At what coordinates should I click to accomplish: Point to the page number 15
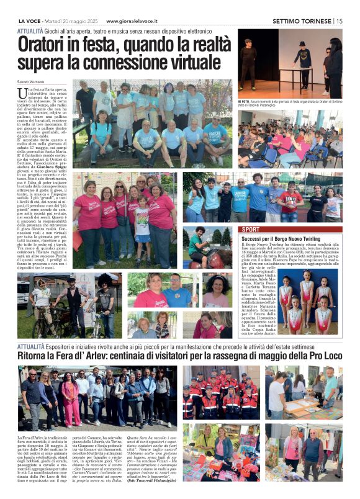tap(339, 20)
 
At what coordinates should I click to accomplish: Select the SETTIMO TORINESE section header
tap(302, 20)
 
